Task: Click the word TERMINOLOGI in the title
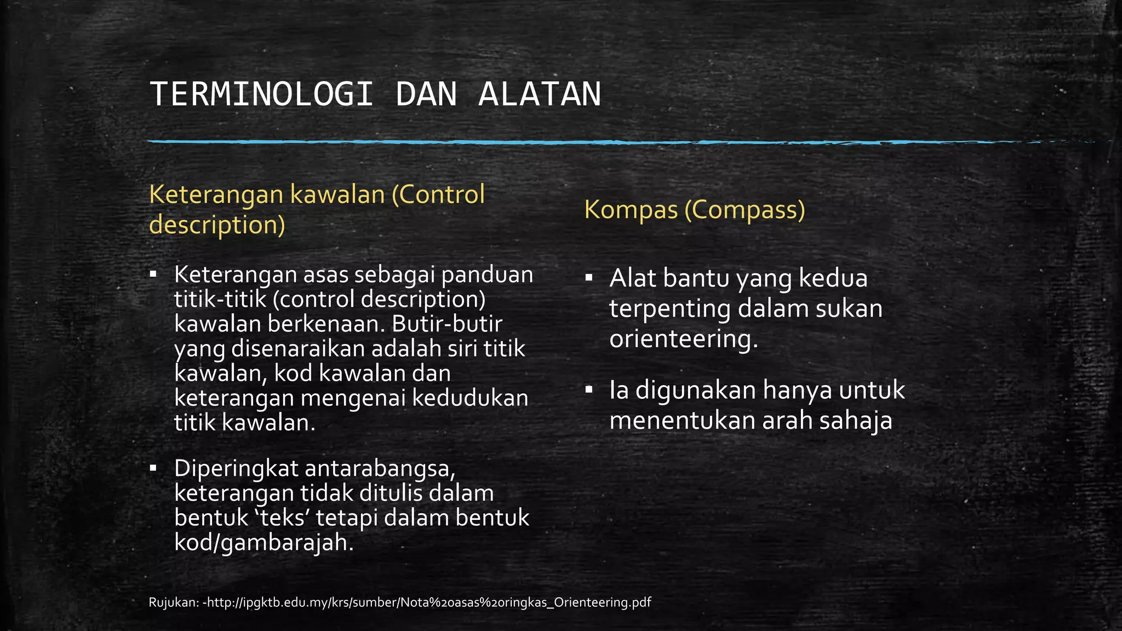261,94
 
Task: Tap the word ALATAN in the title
540,94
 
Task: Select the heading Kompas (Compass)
694,210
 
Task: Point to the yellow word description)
217,225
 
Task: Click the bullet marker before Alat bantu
589,278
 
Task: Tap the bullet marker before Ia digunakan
589,390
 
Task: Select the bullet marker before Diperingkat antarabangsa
153,468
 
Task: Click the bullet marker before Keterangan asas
153,273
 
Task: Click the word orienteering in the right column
683,339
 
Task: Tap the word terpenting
670,309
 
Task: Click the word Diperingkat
236,469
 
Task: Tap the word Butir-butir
447,324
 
